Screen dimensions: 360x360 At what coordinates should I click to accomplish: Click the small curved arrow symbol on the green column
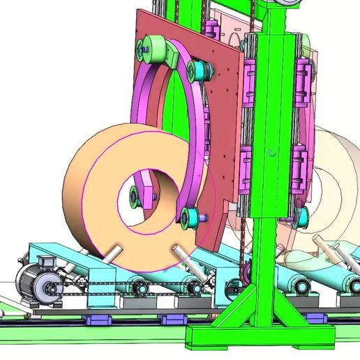(273, 150)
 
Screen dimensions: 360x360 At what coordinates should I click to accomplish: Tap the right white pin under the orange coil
(179, 252)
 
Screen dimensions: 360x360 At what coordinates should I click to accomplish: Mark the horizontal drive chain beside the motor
(105, 283)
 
